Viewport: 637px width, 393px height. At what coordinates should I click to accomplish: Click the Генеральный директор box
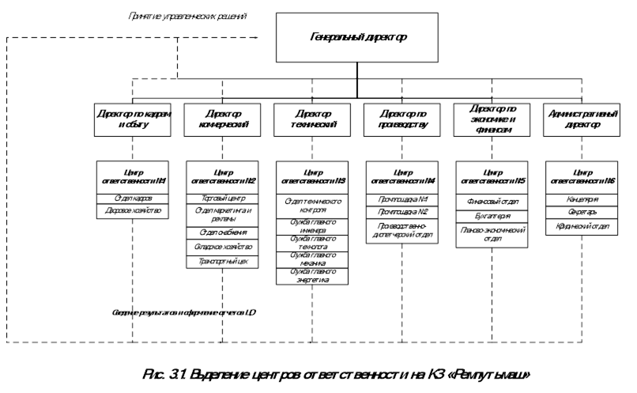[x=357, y=37]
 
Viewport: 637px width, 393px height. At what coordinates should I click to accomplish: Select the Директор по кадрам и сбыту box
[x=132, y=119]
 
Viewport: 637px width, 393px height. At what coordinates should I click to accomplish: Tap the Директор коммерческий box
[x=222, y=119]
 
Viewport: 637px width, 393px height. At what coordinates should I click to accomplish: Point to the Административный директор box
[x=582, y=119]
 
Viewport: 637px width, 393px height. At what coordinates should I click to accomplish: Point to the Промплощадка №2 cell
[x=401, y=212]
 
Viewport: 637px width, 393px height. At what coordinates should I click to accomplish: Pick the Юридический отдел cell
[x=582, y=227]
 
